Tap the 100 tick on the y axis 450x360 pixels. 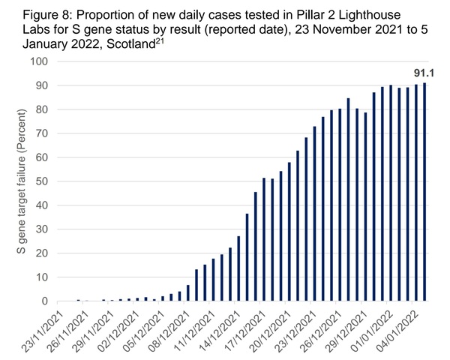pyautogui.click(x=58, y=61)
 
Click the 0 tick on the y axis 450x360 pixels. pyautogui.click(x=64, y=301)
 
